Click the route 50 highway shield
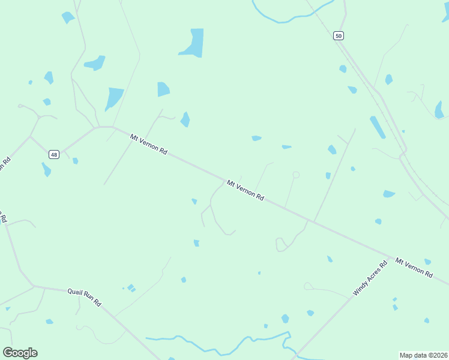(339, 36)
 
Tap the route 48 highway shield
(54, 154)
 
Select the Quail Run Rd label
(84, 296)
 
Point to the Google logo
(20, 353)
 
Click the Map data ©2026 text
(424, 355)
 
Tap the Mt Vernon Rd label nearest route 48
(148, 145)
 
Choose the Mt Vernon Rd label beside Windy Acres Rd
(414, 267)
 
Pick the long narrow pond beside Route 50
(378, 127)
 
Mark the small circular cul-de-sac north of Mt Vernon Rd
(295, 175)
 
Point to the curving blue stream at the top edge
(288, 18)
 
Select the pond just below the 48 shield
(46, 170)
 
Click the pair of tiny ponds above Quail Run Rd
(131, 288)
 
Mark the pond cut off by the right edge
(439, 110)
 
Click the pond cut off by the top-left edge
(67, 17)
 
